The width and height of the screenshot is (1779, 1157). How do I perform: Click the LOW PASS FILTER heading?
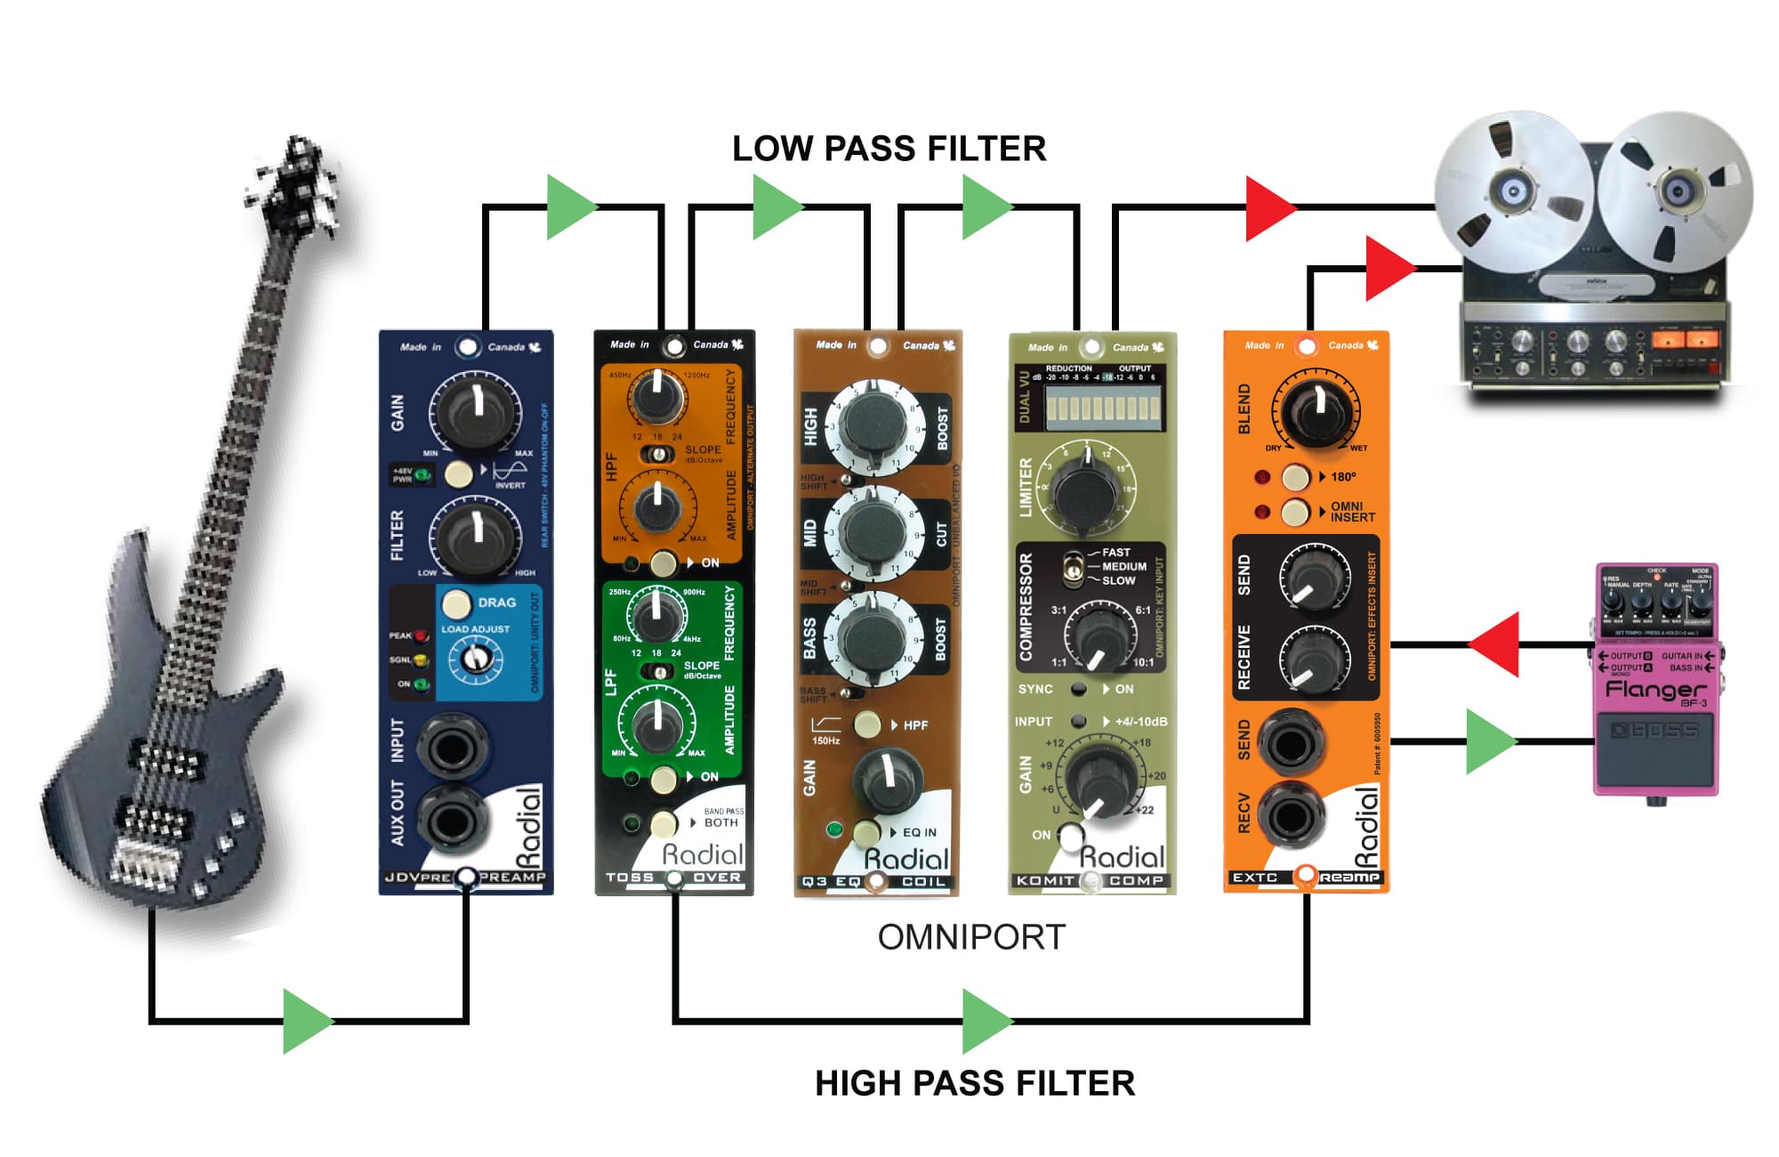pyautogui.click(x=889, y=150)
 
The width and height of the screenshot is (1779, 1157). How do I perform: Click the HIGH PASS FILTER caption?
pyautogui.click(x=974, y=1083)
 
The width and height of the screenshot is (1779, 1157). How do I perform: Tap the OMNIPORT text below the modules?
pyautogui.click(x=971, y=937)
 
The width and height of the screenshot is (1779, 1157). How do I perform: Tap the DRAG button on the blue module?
pyautogui.click(x=457, y=603)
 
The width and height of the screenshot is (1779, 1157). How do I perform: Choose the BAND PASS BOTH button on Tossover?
pyautogui.click(x=664, y=823)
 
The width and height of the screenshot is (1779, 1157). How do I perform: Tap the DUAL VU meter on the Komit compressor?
pyautogui.click(x=1103, y=409)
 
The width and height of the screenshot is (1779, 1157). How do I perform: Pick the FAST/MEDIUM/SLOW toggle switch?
pyautogui.click(x=1074, y=567)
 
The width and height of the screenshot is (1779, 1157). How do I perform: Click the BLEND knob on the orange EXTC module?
pyautogui.click(x=1316, y=409)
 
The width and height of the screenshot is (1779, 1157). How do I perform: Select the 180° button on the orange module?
pyautogui.click(x=1296, y=477)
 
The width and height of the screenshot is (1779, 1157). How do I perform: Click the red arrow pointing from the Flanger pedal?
pyautogui.click(x=1495, y=643)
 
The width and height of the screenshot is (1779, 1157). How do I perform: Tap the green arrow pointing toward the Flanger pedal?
pyautogui.click(x=1489, y=740)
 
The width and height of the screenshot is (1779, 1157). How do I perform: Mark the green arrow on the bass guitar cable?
pyautogui.click(x=306, y=1020)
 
